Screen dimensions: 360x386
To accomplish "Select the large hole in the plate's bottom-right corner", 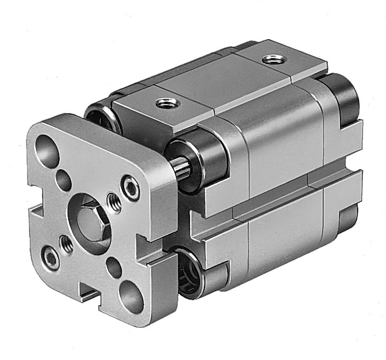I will click(130, 296).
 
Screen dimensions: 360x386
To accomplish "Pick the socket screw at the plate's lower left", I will click(51, 258).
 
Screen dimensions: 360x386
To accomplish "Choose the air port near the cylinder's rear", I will click(272, 60).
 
